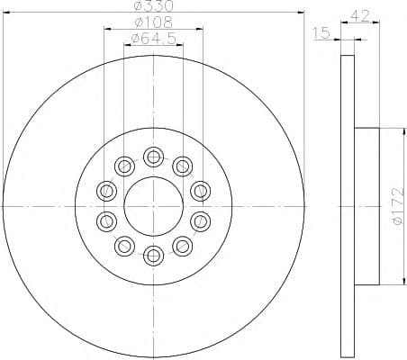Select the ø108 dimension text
151,22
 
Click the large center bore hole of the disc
152,205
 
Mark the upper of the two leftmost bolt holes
106,190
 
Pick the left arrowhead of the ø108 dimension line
106,29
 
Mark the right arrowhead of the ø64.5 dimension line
179,45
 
